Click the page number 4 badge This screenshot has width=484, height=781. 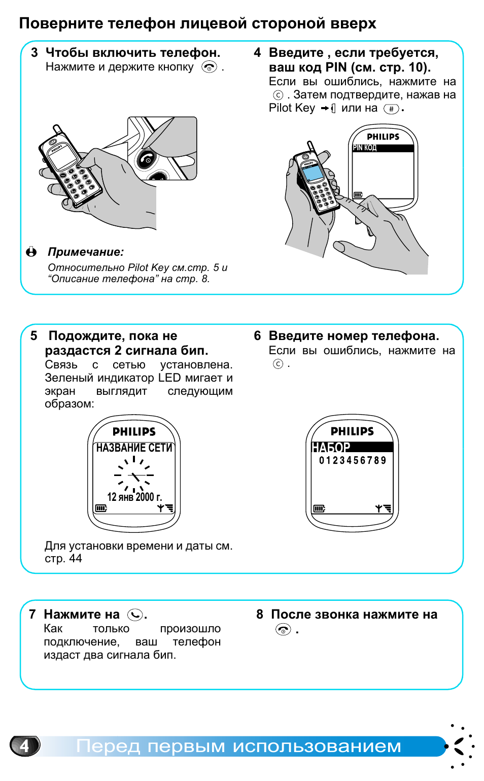tap(24, 745)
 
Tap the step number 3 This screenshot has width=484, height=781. tap(34, 53)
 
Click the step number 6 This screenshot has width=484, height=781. tap(258, 336)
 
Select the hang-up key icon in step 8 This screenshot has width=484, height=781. tap(283, 630)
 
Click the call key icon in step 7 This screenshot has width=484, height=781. tap(135, 615)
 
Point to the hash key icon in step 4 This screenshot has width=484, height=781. tap(391, 109)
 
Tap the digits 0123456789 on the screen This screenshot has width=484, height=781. tap(353, 460)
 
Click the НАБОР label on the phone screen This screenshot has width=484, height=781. tap(331, 448)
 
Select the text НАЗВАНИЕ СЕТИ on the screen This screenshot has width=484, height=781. tap(134, 448)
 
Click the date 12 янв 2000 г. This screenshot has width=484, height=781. tap(134, 497)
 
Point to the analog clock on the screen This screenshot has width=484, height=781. tap(134, 475)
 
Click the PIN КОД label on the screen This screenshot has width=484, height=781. tap(365, 148)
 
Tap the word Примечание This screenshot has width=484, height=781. tap(86, 252)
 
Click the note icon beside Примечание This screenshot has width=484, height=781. tap(31, 252)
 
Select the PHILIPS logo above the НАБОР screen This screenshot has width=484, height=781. tap(352, 431)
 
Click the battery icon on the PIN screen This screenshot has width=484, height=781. tap(358, 195)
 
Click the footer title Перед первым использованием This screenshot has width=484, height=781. tap(238, 746)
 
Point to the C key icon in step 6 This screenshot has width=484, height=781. tap(278, 364)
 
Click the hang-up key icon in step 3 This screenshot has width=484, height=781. tap(209, 67)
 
